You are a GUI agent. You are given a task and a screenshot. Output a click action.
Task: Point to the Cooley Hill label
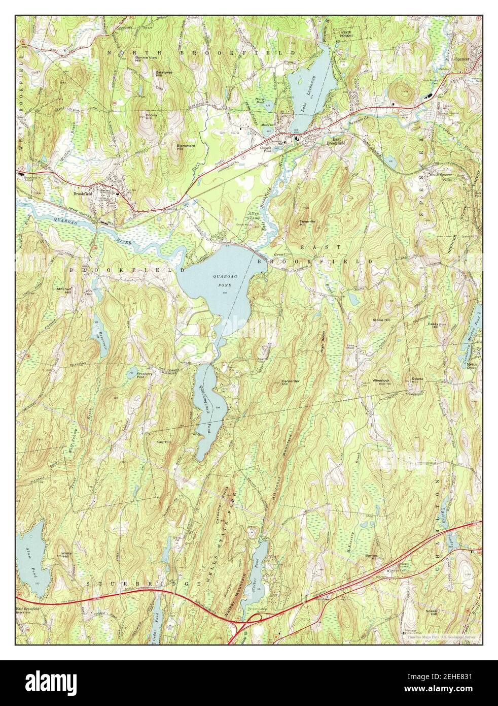[152, 117]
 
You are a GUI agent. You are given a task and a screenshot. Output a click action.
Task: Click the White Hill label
[65, 555]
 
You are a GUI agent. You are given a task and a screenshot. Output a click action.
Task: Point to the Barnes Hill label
[372, 557]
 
